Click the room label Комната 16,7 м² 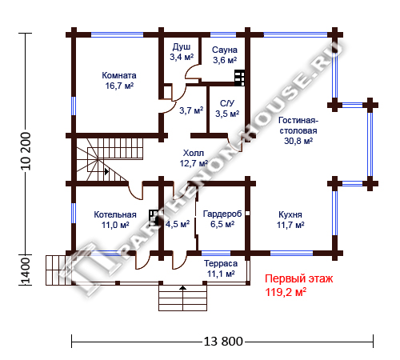click(119, 81)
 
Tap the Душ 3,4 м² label click(182, 52)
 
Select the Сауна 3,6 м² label click(225, 55)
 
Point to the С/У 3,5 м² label click(227, 109)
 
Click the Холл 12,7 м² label click(194, 158)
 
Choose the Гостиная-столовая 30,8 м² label click(298, 130)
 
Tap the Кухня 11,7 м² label click(290, 220)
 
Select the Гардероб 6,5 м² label click(222, 219)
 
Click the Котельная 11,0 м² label click(115, 220)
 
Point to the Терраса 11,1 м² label click(221, 268)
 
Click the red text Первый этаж click(298, 278)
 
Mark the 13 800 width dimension click(223, 341)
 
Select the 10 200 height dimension click(26, 151)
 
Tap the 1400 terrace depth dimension click(26, 270)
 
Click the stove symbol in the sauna click(239, 78)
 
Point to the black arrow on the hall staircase click(106, 171)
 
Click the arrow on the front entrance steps click(182, 287)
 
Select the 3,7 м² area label click(191, 110)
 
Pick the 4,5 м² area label click(178, 224)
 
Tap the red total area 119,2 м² click(286, 292)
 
